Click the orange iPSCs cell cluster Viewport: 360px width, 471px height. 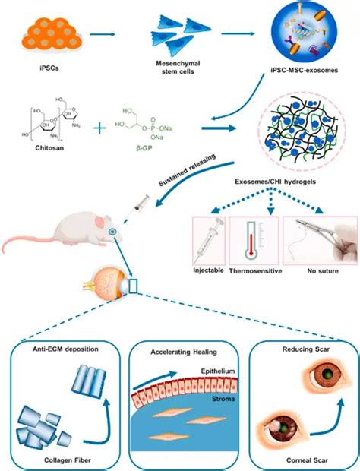click(x=48, y=31)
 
